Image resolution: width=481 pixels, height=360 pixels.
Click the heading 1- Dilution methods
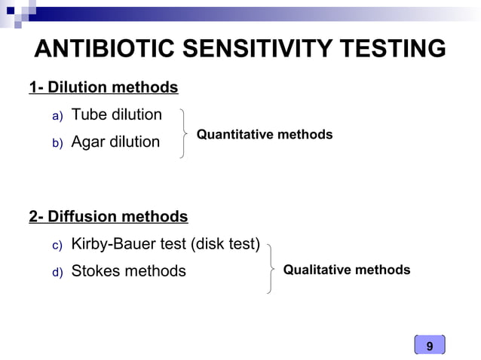[x=103, y=88]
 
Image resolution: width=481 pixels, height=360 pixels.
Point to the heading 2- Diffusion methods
[x=108, y=217]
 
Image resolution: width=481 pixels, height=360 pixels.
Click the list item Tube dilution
[x=116, y=115]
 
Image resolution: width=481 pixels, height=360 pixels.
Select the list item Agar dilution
[x=115, y=142]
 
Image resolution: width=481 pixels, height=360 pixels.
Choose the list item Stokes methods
[x=128, y=271]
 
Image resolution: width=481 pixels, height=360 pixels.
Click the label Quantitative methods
[x=264, y=135]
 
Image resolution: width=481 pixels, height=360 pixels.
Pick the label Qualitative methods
[x=347, y=270]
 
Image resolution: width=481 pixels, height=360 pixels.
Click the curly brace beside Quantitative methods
[x=184, y=133]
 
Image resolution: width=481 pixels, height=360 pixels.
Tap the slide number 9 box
[x=430, y=346]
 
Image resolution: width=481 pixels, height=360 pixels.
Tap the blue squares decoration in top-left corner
[x=19, y=11]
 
